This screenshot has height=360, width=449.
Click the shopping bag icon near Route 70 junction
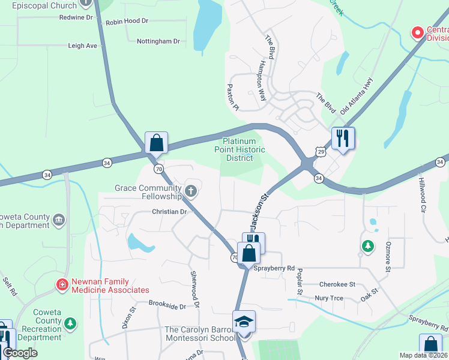[156, 143]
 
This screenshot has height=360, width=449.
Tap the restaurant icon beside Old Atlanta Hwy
[343, 138]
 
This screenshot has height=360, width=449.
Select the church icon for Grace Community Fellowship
[191, 191]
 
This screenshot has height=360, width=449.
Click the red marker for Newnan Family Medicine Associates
[62, 284]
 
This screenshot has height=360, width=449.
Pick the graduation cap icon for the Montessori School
[244, 322]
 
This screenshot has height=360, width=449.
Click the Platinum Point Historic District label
[240, 149]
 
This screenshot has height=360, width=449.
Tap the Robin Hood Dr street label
[127, 21]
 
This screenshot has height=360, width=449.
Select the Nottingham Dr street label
[158, 41]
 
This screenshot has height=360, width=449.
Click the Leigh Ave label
[82, 46]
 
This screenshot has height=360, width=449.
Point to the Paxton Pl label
[233, 97]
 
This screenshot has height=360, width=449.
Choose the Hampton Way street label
[262, 82]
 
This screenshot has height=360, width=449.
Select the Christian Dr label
[169, 212]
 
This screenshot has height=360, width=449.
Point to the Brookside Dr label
[167, 306]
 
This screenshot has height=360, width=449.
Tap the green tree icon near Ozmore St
[367, 246]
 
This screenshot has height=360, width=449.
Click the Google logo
[20, 353]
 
